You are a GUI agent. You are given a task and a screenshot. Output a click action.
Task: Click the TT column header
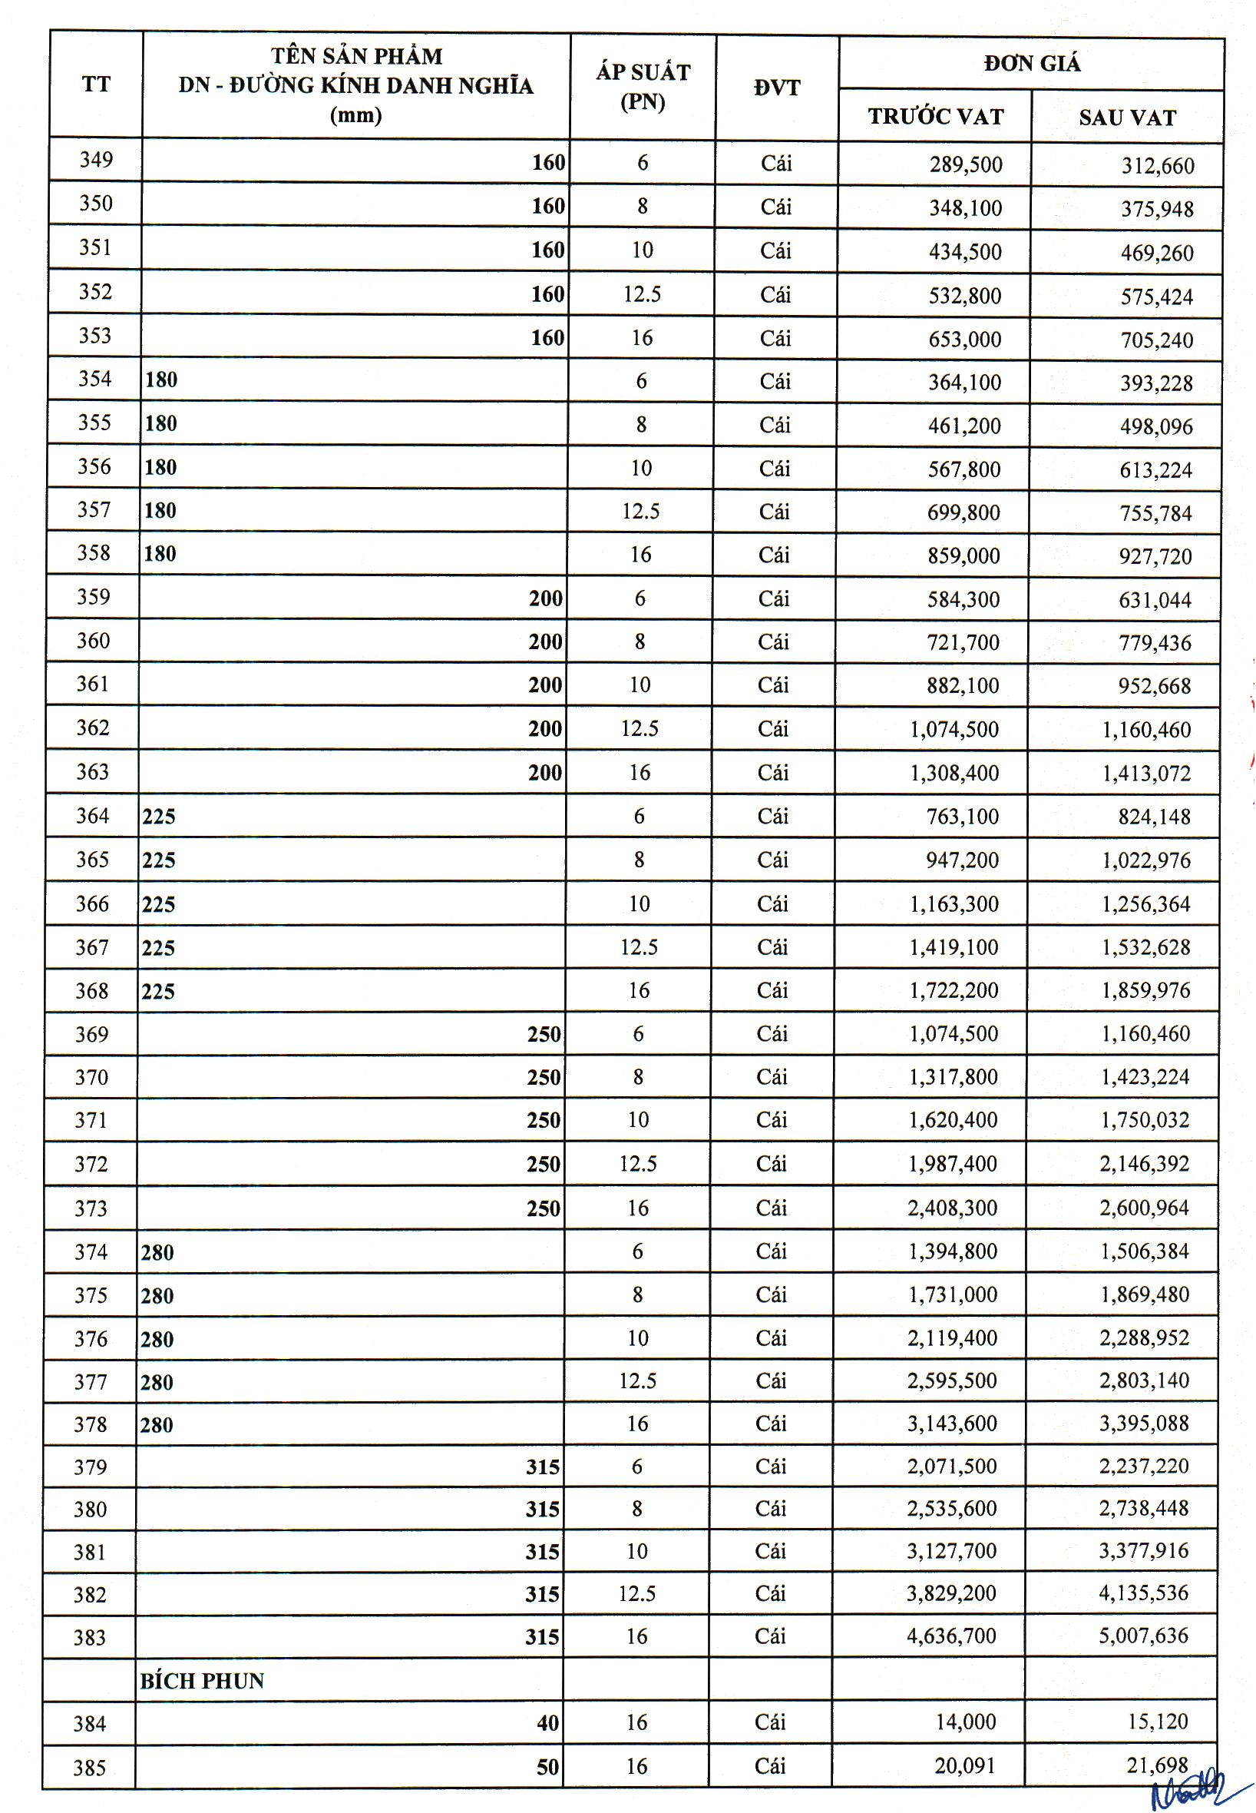pos(96,85)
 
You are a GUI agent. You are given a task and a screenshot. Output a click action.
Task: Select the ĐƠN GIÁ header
pos(1032,63)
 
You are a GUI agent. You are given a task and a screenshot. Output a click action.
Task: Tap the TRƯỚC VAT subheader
pos(936,117)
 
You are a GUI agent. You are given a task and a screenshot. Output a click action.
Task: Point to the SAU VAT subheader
pos(1127,118)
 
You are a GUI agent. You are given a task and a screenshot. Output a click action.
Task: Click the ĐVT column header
pos(777,88)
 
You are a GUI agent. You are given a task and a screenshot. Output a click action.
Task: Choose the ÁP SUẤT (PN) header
pos(643,87)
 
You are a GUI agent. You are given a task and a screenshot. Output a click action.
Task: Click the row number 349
pos(96,160)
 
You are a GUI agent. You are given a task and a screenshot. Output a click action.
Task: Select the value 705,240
pos(1157,340)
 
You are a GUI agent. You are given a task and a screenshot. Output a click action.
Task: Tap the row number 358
pos(94,552)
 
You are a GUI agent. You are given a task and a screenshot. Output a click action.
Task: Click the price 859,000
pos(963,555)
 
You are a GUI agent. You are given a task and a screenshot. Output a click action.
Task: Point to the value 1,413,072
pos(1147,773)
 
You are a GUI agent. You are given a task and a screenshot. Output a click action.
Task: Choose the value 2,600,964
pos(1144,1208)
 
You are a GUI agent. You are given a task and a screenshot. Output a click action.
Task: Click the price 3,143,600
pos(952,1424)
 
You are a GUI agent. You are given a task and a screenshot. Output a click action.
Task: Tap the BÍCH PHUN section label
pos(202,1681)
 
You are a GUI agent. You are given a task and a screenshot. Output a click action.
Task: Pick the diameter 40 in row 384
pos(547,1723)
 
